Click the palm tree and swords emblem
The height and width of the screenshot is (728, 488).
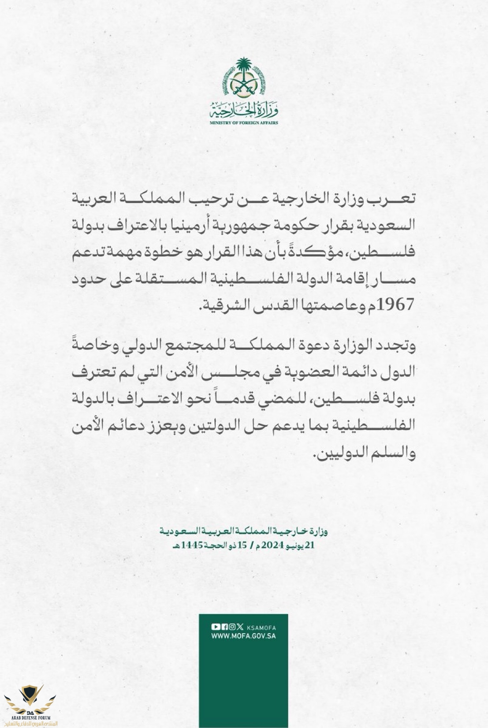click(x=244, y=78)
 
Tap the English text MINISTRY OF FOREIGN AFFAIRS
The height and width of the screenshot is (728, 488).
click(x=244, y=123)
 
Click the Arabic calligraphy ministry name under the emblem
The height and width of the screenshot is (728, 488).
click(x=244, y=110)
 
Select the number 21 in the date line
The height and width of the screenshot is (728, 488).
click(x=310, y=545)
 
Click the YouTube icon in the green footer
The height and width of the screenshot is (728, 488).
click(x=216, y=627)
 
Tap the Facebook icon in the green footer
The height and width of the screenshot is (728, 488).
click(x=224, y=627)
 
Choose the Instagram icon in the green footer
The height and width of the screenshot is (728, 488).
click(x=232, y=627)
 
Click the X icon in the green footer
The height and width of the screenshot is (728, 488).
click(x=240, y=627)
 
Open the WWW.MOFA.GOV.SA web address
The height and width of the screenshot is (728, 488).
click(x=243, y=636)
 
